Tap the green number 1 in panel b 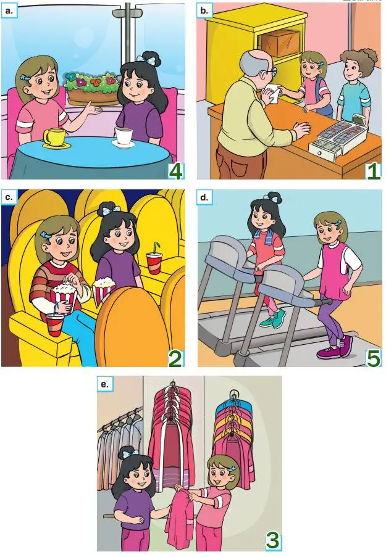(x=373, y=170)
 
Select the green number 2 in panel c (x=175, y=358)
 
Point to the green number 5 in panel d (x=373, y=358)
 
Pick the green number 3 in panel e (x=272, y=540)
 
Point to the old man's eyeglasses (x=271, y=72)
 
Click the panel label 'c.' (x=9, y=198)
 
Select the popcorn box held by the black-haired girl (x=104, y=291)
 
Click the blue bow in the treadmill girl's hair (x=270, y=199)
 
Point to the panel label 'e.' (x=105, y=384)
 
